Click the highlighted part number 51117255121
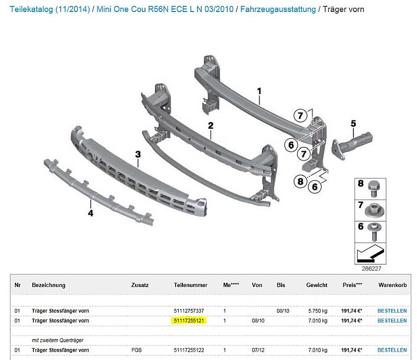[x=189, y=320]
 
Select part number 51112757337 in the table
[x=189, y=311]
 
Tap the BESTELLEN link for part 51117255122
[x=392, y=350]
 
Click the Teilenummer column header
[x=190, y=285]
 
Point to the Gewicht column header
[x=317, y=285]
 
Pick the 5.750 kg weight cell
[x=318, y=311]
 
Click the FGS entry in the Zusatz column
[x=137, y=350]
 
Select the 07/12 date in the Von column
[x=258, y=350]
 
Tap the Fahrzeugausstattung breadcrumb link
[x=278, y=9]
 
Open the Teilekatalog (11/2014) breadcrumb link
[x=50, y=9]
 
